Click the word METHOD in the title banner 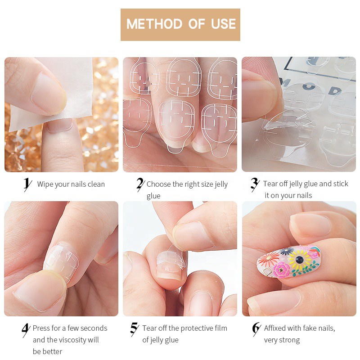[x=154, y=24]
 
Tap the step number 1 [x=27, y=184]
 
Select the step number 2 [x=140, y=184]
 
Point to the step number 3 [x=255, y=184]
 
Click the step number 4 [x=26, y=330]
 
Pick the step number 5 [x=134, y=329]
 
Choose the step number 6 [x=256, y=329]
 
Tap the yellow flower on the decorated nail [x=299, y=260]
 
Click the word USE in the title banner [x=223, y=24]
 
